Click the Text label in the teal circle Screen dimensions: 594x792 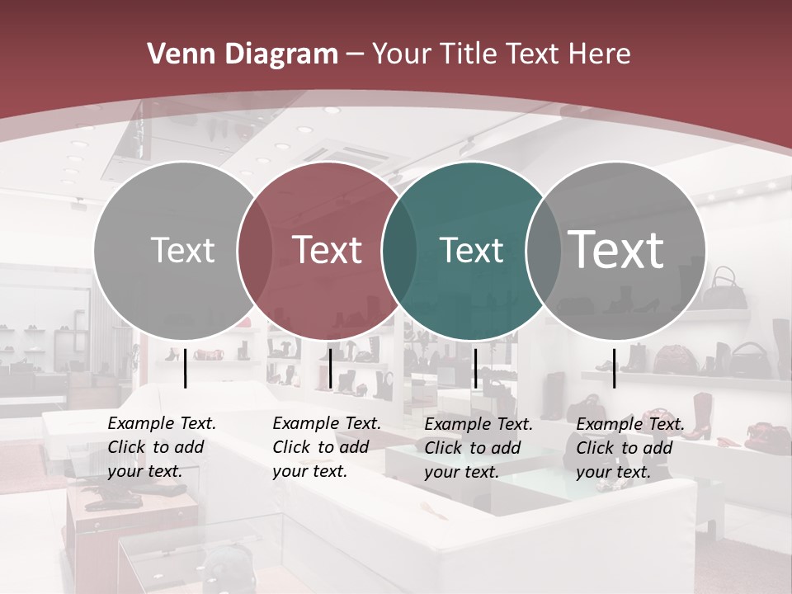pos(471,250)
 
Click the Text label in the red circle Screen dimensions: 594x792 pos(327,250)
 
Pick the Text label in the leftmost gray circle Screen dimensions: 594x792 pos(182,250)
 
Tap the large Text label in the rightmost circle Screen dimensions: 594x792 pos(615,250)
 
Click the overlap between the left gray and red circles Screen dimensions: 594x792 pos(255,251)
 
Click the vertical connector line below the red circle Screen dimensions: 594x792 pos(330,368)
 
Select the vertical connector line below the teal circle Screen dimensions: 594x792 pos(475,368)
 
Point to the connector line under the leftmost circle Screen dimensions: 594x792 pos(185,368)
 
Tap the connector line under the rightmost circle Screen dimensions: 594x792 pos(614,368)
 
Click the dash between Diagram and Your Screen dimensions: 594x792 pos(355,54)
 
